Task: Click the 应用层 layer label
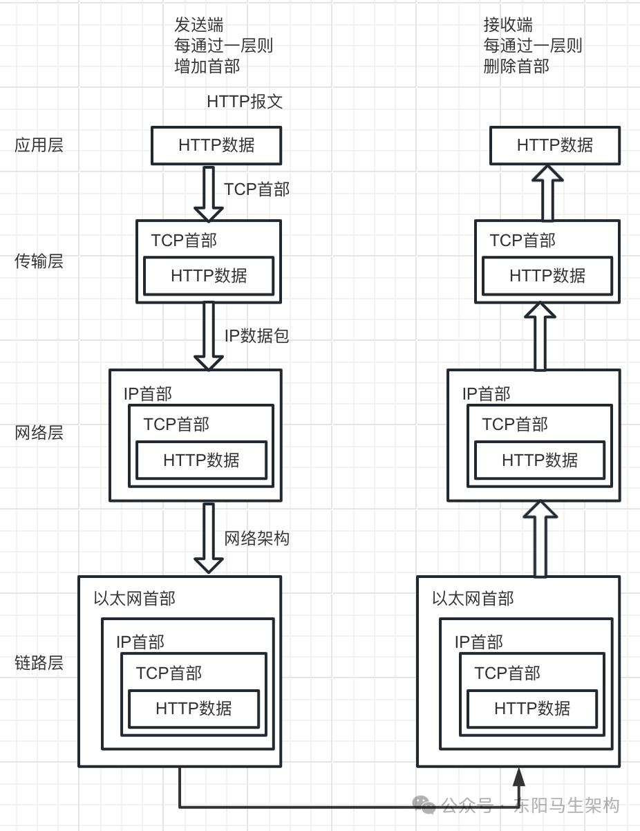pos(39,145)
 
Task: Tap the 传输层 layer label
pos(39,261)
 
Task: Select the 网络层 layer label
pos(39,433)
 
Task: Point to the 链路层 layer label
pos(39,663)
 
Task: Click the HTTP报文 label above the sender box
pos(245,102)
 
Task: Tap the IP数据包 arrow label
pos(256,336)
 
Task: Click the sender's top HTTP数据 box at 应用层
pos(216,145)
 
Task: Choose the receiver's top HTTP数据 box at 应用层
pos(555,145)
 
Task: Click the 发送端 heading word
pos(199,26)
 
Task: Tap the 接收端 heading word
pos(508,26)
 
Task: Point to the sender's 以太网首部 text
pos(135,599)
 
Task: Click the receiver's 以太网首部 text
pos(473,599)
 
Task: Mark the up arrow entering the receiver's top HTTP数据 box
pos(547,192)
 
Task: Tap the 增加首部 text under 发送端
pos(207,66)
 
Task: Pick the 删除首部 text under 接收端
pos(516,66)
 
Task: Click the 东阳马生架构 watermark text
pos(567,805)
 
